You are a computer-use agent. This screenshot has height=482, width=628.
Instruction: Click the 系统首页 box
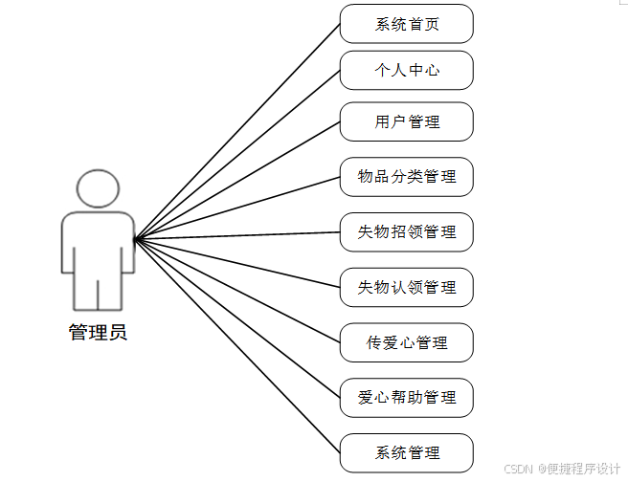pos(407,24)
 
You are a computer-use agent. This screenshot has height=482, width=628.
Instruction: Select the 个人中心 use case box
pos(407,70)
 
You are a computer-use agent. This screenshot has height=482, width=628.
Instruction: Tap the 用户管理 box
pos(407,121)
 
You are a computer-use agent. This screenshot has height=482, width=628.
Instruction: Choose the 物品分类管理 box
pos(407,176)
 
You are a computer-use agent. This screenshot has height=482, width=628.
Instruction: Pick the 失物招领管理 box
pos(407,231)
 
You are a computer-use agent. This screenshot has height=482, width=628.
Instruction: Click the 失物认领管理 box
pos(407,287)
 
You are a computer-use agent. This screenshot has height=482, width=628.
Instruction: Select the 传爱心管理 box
pos(407,342)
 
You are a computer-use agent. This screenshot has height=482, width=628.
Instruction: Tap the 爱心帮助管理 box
pos(407,397)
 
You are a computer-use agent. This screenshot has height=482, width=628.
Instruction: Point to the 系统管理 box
pos(407,452)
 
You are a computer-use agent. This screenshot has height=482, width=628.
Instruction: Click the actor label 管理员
pos(98,333)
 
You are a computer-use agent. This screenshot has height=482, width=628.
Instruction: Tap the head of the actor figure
pos(98,189)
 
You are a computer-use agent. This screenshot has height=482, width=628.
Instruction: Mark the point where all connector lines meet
pos(135,238)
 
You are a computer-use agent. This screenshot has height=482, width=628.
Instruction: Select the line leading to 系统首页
pos(237,131)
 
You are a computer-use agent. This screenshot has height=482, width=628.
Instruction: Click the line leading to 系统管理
pos(237,345)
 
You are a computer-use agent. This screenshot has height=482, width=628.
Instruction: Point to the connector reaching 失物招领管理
pos(237,235)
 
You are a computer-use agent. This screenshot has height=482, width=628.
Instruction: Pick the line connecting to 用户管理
pos(237,180)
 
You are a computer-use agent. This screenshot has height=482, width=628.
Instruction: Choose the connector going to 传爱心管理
pos(237,290)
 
